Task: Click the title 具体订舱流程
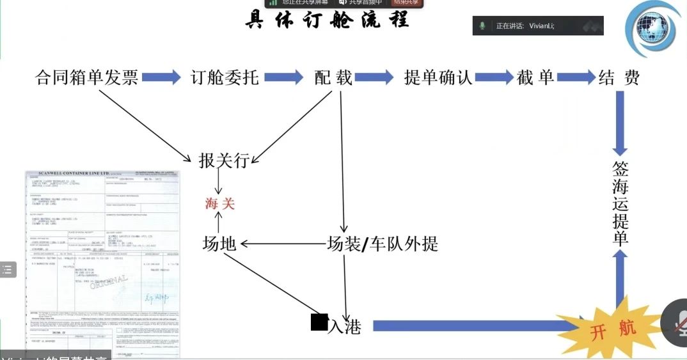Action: (x=326, y=20)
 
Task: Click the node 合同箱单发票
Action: (x=86, y=78)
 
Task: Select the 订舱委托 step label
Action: (x=225, y=78)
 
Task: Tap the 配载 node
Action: (x=333, y=78)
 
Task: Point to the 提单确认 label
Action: (x=438, y=78)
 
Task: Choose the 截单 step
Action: (x=536, y=78)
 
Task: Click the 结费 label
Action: (x=619, y=78)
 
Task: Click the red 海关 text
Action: (x=220, y=203)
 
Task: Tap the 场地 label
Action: (x=219, y=244)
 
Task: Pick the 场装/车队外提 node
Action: (x=383, y=244)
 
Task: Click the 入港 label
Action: (x=343, y=327)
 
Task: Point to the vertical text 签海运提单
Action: (x=620, y=203)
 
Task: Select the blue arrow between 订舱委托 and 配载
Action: (x=284, y=78)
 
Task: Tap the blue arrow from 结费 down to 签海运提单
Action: (x=620, y=121)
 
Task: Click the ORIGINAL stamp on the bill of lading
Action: (x=109, y=289)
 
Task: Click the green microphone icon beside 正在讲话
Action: (x=483, y=26)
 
